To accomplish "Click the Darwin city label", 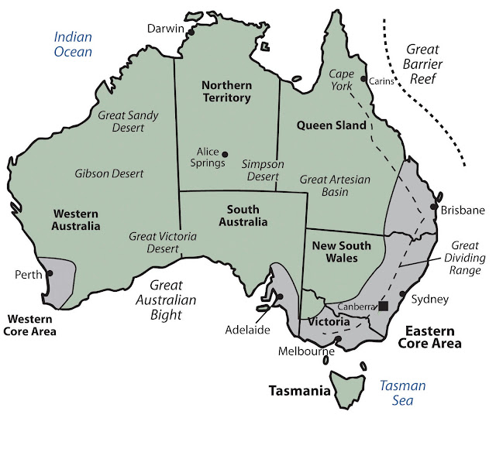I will pos(164,29).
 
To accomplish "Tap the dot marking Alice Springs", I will pos(226,152).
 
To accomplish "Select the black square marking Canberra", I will pos(384,306).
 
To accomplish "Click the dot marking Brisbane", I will pos(434,207).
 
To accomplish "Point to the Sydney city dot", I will pos(403,293).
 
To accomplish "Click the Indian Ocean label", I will pos(73,44).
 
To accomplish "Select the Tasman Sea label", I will pos(403,392).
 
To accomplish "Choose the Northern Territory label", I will pos(226,91).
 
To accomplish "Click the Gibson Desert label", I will pos(109,173).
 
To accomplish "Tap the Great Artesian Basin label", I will pos(335,186).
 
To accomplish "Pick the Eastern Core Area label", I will pos(428,337).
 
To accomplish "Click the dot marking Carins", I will pos(363,78).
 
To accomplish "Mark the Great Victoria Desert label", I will pos(163,243).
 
